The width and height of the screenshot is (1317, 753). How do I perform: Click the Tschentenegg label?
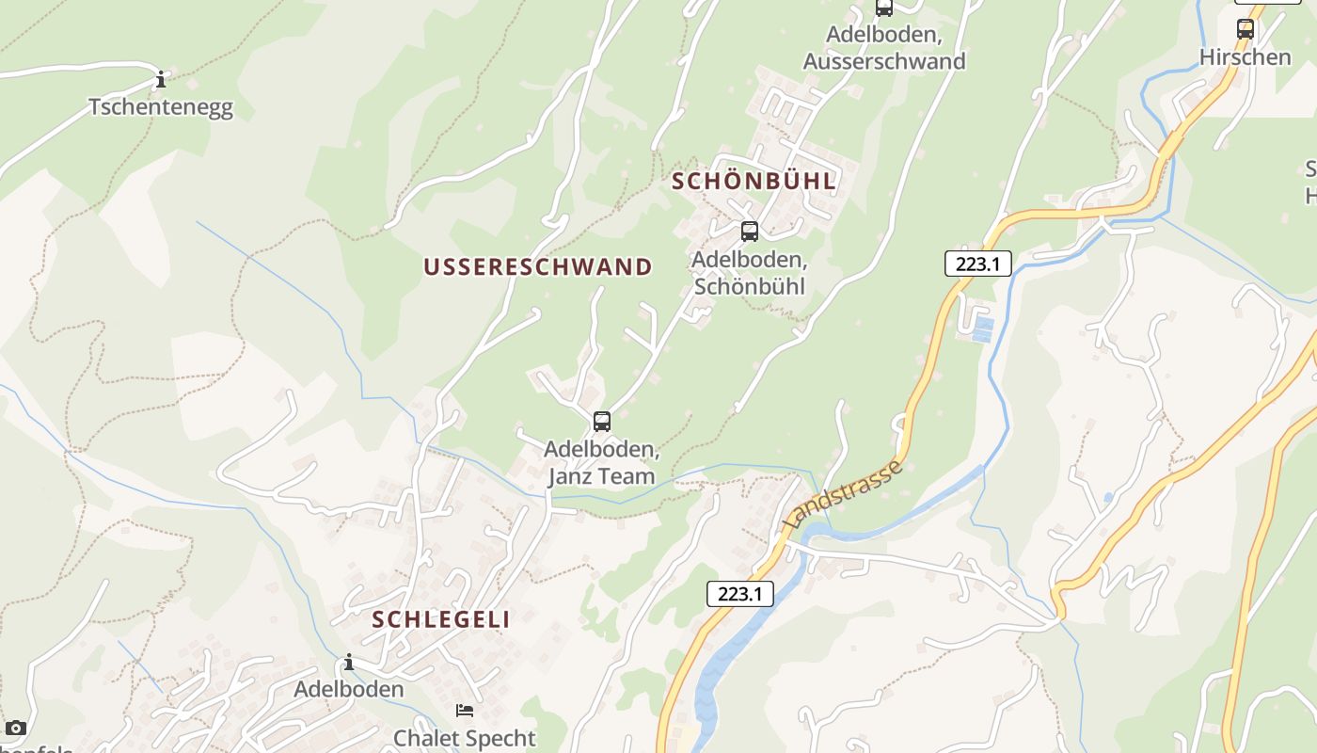[161, 107]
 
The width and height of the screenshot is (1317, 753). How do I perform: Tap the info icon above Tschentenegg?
[161, 79]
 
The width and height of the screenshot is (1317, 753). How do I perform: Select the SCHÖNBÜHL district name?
[754, 182]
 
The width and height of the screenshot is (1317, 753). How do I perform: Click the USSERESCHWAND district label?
[537, 267]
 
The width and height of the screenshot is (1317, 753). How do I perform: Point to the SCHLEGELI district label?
[441, 619]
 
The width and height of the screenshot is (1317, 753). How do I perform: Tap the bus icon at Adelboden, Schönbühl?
[750, 231]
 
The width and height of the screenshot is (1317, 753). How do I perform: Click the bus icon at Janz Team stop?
[602, 422]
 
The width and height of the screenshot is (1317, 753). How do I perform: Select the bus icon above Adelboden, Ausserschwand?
[884, 8]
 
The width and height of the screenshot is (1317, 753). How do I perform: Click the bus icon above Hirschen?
[1246, 28]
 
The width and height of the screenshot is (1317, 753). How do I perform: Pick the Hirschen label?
[1246, 57]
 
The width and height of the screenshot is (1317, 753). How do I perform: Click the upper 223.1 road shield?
[977, 264]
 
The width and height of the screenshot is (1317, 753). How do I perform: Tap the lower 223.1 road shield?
[739, 594]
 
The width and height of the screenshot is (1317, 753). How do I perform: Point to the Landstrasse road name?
[843, 494]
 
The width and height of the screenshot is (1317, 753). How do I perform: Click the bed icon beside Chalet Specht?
[465, 710]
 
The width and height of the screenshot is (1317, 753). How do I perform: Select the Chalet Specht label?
[465, 738]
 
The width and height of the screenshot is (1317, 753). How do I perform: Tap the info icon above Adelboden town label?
[349, 663]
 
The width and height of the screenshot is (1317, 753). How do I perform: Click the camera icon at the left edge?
[15, 728]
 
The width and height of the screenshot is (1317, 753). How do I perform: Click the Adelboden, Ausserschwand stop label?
[884, 48]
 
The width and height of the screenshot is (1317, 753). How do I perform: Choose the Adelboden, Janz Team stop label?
[602, 462]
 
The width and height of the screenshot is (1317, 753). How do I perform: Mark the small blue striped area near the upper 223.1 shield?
[982, 329]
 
